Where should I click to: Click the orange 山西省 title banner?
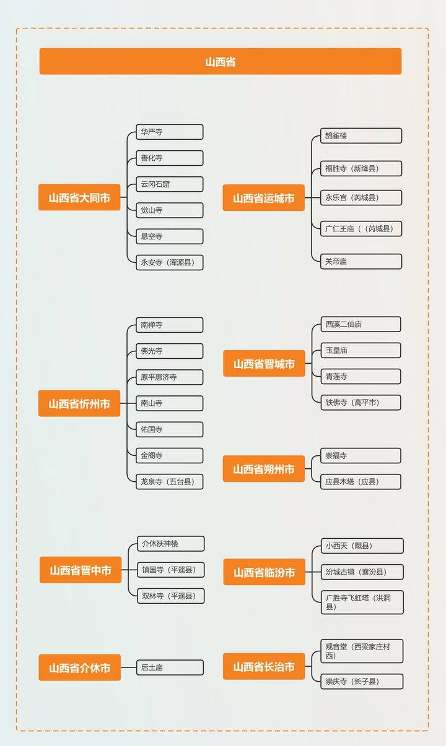pos(220,61)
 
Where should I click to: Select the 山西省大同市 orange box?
pos(79,197)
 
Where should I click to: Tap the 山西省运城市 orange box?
pos(263,197)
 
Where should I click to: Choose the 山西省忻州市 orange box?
pos(79,403)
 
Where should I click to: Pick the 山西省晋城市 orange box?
pos(264,363)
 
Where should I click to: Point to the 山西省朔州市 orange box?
pos(263,469)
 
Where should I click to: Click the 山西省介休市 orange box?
pos(80,667)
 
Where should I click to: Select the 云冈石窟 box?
pos(170,184)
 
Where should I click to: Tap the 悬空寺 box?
pos(170,236)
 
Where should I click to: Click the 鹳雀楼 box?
pos(361,135)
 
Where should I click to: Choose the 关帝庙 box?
pos(361,262)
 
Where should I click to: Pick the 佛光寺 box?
pos(170,351)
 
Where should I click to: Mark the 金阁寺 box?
pos(170,456)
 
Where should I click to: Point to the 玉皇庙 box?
pos(361,350)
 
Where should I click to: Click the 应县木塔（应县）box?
pos(361,482)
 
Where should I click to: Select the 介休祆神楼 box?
pos(171,544)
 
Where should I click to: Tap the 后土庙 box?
pos(170,667)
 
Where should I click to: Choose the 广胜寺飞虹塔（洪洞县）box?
pos(362,602)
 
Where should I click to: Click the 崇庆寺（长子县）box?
pos(362,682)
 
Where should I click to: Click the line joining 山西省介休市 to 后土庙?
pos(128,667)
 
